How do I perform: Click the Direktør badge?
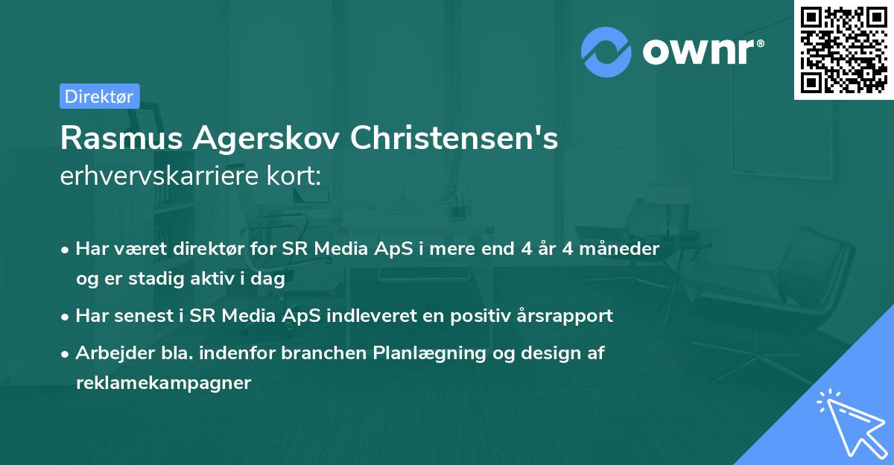click(99, 96)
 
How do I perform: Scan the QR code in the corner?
click(843, 50)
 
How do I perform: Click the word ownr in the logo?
click(702, 51)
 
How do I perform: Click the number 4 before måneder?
click(568, 249)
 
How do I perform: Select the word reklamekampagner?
click(163, 383)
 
